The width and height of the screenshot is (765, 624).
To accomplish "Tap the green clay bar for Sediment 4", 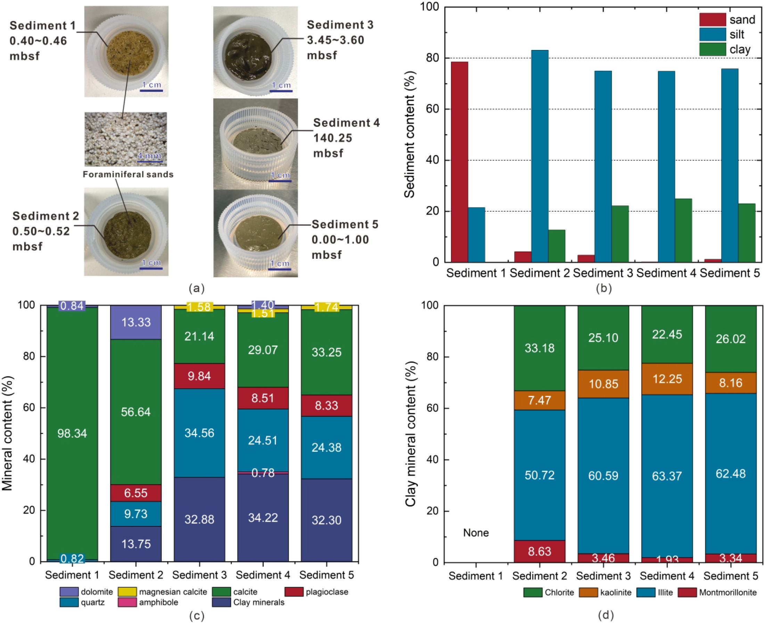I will click(683, 230).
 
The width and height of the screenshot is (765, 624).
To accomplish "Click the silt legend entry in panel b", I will click(737, 34).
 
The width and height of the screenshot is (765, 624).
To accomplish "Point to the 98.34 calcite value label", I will click(72, 434).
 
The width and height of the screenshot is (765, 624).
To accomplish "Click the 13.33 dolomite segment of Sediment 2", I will click(135, 322).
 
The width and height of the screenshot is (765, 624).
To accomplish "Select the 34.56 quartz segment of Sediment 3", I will click(199, 433).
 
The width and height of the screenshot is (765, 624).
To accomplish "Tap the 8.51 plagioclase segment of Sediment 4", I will click(263, 398).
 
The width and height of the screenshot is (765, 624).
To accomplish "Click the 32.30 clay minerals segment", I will click(326, 520).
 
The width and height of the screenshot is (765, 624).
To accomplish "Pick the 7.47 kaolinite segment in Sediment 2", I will click(539, 400).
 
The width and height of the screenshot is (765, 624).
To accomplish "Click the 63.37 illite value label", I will click(667, 476).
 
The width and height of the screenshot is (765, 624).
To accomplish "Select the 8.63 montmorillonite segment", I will click(539, 551).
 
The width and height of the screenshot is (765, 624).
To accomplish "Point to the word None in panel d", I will click(476, 533).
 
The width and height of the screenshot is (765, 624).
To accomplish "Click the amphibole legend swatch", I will click(127, 602).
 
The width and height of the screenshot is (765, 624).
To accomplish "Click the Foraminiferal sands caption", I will click(128, 174).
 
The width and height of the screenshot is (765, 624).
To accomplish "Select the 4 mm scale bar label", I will click(149, 156).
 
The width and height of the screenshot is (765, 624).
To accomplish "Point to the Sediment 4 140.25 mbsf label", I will click(346, 138).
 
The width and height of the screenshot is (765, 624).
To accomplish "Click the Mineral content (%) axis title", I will click(7, 433).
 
